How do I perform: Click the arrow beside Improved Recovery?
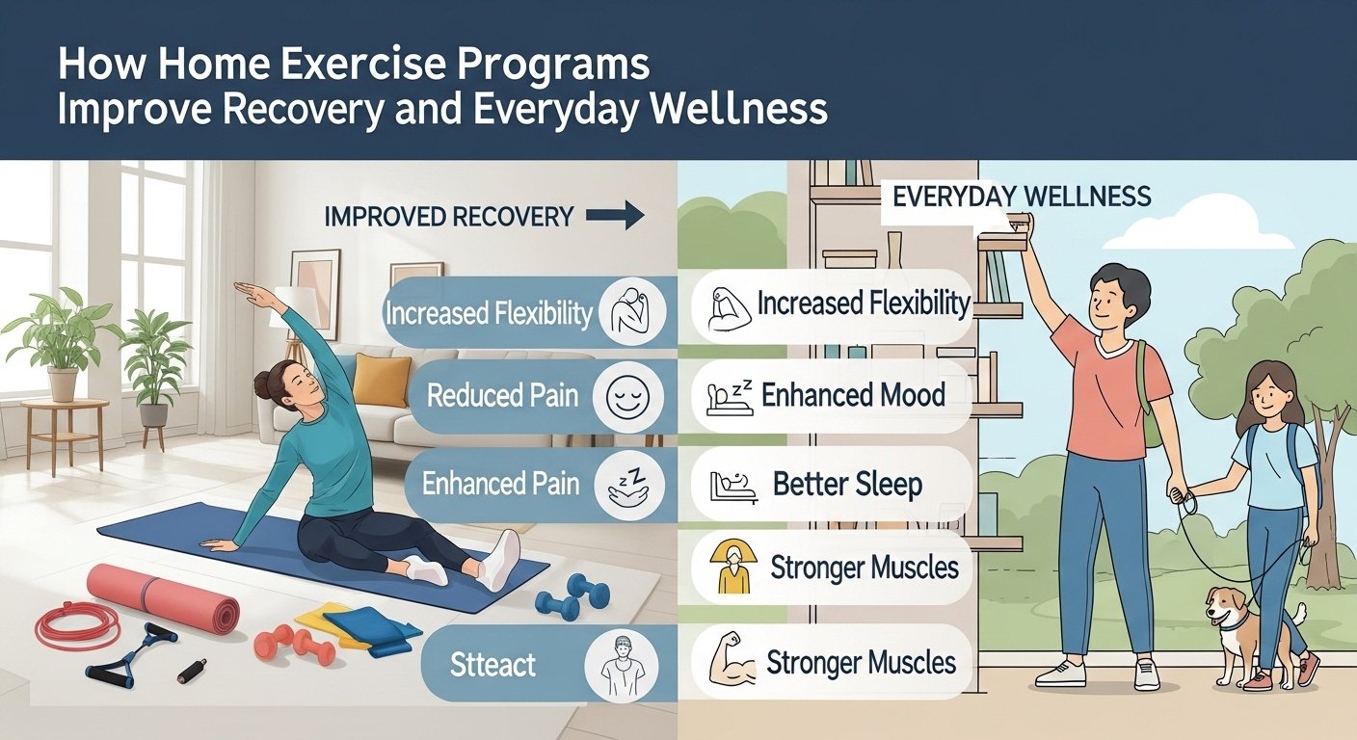tap(615, 216)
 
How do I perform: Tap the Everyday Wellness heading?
tap(1022, 198)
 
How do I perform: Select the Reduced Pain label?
tap(502, 395)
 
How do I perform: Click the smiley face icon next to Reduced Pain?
tap(627, 397)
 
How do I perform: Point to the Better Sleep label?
tap(847, 484)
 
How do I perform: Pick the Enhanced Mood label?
tap(853, 395)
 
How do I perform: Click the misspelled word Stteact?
tap(492, 665)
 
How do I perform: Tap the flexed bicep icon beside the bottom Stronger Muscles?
tap(732, 663)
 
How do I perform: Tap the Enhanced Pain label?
tap(500, 484)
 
